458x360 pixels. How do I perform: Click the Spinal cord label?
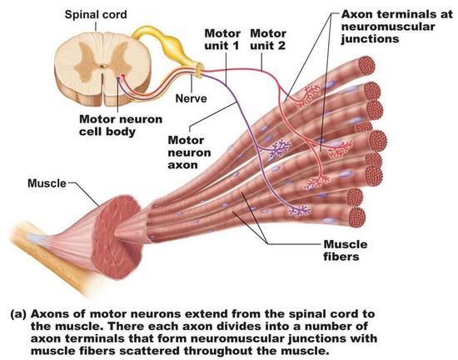click(x=96, y=15)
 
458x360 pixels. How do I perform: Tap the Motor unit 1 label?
click(x=222, y=39)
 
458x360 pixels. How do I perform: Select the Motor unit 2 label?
click(x=268, y=39)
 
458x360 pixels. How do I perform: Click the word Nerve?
click(x=191, y=98)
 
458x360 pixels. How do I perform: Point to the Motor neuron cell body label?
click(x=121, y=125)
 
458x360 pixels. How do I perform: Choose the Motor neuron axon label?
click(x=189, y=152)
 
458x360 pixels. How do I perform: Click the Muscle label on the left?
click(x=47, y=183)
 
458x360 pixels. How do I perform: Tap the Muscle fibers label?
click(x=346, y=251)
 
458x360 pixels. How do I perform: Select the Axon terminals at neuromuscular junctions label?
click(x=396, y=27)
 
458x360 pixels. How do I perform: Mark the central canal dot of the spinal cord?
click(x=102, y=66)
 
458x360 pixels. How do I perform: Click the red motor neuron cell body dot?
click(x=123, y=76)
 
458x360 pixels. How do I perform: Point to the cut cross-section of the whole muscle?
click(x=118, y=237)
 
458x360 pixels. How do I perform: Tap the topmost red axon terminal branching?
click(x=308, y=95)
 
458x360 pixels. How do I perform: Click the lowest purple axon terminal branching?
click(x=300, y=211)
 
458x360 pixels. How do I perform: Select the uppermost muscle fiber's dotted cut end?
click(x=366, y=66)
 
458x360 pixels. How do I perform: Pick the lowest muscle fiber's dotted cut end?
click(x=357, y=217)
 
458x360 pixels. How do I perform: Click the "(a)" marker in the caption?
click(x=18, y=314)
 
